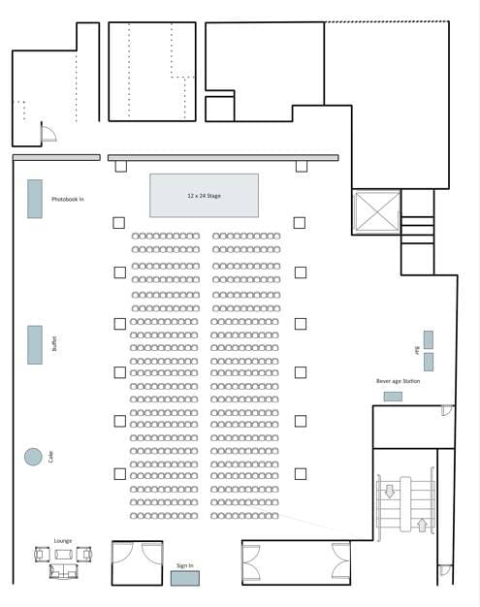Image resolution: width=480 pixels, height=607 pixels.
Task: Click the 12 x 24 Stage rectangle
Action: [x=204, y=196]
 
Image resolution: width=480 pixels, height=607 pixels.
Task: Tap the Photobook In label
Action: [x=68, y=199]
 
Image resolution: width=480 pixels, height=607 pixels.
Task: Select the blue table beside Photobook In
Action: [x=35, y=199]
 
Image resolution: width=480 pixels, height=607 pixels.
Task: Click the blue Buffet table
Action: [x=35, y=345]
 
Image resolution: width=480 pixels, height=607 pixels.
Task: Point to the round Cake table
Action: [x=33, y=457]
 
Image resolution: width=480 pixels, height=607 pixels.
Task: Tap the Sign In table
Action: [x=185, y=578]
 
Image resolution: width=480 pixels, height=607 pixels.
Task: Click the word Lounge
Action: [x=63, y=541]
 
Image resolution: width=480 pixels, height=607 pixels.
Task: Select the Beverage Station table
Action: [x=393, y=397]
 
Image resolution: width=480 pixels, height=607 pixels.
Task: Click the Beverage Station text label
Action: [x=398, y=381]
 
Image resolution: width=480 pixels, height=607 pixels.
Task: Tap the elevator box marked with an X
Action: [x=377, y=212]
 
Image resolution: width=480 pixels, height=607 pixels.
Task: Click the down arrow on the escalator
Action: [x=390, y=492]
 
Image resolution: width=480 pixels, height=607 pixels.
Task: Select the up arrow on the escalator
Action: [x=422, y=525]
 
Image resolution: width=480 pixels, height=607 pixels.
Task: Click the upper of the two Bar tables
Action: [x=429, y=340]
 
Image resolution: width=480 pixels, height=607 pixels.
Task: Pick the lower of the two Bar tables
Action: [x=429, y=362]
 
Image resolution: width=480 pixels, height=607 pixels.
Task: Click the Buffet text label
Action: [x=54, y=343]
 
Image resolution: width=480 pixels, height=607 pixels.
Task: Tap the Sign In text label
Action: [x=185, y=565]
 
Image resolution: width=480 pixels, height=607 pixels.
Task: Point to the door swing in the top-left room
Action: [x=49, y=133]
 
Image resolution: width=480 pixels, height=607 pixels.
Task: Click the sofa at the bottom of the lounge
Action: [x=63, y=571]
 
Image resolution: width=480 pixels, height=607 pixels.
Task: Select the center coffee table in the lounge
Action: [x=63, y=555]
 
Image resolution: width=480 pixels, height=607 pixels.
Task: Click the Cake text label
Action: [x=51, y=457]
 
